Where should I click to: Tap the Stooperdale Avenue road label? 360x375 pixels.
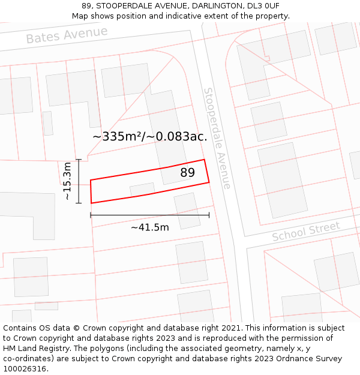click(x=217, y=138)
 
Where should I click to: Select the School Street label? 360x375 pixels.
click(x=306, y=231)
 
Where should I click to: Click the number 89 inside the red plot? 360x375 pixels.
click(x=187, y=173)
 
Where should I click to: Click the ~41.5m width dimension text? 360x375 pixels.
click(x=149, y=227)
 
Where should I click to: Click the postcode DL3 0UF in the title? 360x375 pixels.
click(x=263, y=6)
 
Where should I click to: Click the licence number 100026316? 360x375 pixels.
click(x=26, y=369)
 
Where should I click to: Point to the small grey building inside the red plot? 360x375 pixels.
click(x=142, y=190)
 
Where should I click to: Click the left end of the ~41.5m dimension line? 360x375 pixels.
click(x=91, y=215)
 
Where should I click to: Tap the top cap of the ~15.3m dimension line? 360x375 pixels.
click(x=79, y=160)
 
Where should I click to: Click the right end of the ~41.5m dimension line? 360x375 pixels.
click(x=209, y=215)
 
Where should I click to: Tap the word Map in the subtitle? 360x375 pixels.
click(x=81, y=16)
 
